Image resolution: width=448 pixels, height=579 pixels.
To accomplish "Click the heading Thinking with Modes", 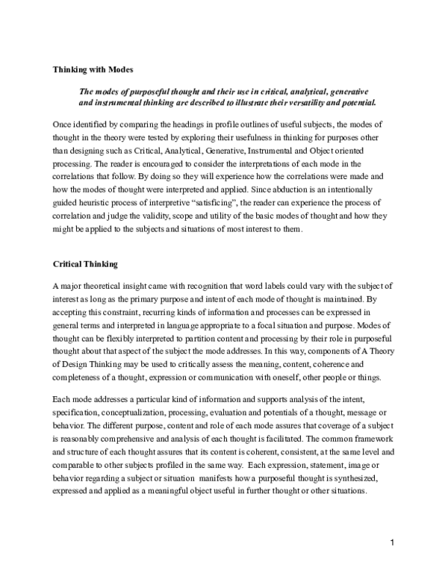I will (93, 69).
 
